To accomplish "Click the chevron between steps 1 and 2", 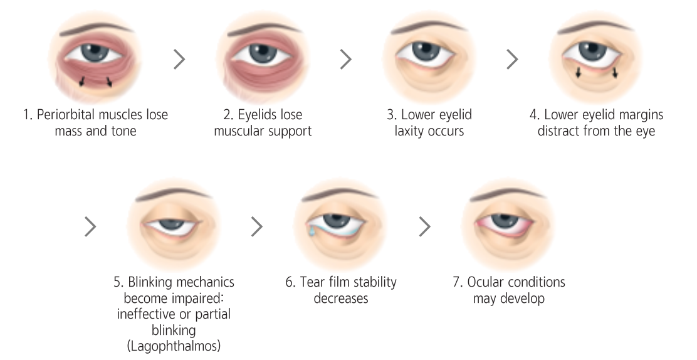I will pyautogui.click(x=179, y=59).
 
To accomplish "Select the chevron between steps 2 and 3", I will pyautogui.click(x=345, y=59).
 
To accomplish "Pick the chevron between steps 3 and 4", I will pyautogui.click(x=512, y=59).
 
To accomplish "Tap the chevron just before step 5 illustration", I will pyautogui.click(x=92, y=226).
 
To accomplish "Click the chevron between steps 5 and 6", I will pyautogui.click(x=257, y=226).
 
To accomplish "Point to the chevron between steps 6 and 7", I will pyautogui.click(x=425, y=226).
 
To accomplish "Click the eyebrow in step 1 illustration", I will pyautogui.click(x=94, y=28).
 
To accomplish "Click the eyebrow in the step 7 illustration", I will pyautogui.click(x=508, y=194).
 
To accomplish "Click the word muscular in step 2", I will pyautogui.click(x=239, y=132).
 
